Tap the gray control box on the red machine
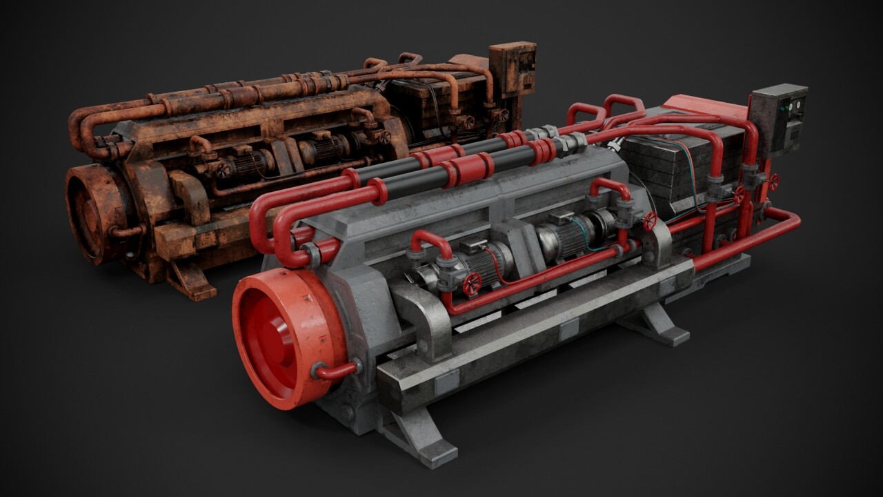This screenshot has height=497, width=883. pyautogui.click(x=778, y=119)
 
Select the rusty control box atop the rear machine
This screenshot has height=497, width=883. pyautogui.click(x=512, y=68)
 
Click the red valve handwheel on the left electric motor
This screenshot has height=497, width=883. pyautogui.click(x=472, y=284)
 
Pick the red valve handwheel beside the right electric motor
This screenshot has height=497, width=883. pyautogui.click(x=650, y=221)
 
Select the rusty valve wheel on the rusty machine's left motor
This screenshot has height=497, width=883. pyautogui.click(x=222, y=168)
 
